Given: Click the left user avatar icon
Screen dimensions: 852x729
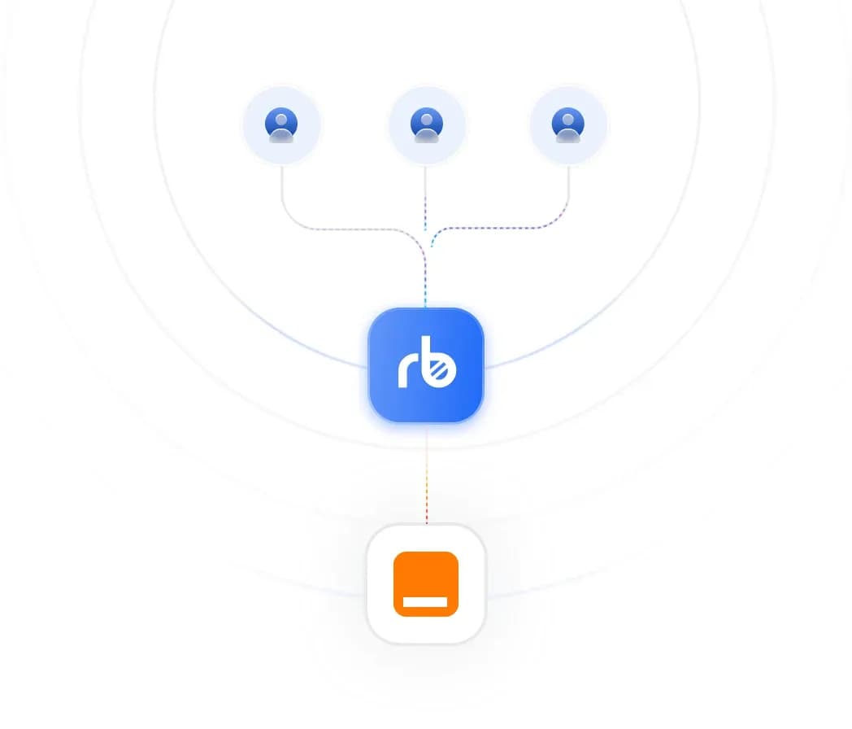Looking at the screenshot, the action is pyautogui.click(x=281, y=124).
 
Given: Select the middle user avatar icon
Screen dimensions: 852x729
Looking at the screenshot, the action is pyautogui.click(x=427, y=124).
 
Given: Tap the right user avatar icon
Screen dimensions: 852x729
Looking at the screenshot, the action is pyautogui.click(x=567, y=124).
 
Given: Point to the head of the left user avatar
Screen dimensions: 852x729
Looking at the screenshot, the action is pyautogui.click(x=281, y=120).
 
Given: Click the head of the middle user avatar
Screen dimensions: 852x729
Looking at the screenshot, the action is pyautogui.click(x=427, y=120).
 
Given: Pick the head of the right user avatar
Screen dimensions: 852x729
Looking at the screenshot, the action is pyautogui.click(x=567, y=120).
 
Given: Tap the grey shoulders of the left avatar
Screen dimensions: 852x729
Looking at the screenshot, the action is pyautogui.click(x=281, y=136).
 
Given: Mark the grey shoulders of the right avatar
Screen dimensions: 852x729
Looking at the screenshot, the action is pyautogui.click(x=567, y=136).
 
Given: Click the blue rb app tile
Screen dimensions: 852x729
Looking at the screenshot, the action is pyautogui.click(x=426, y=364).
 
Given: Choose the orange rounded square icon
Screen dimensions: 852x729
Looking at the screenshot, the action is pyautogui.click(x=426, y=584).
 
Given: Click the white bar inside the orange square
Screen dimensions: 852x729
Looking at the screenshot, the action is pyautogui.click(x=425, y=602).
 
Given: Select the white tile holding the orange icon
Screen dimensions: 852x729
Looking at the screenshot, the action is pyautogui.click(x=426, y=583).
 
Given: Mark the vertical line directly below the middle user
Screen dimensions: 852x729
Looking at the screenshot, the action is pyautogui.click(x=425, y=199).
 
